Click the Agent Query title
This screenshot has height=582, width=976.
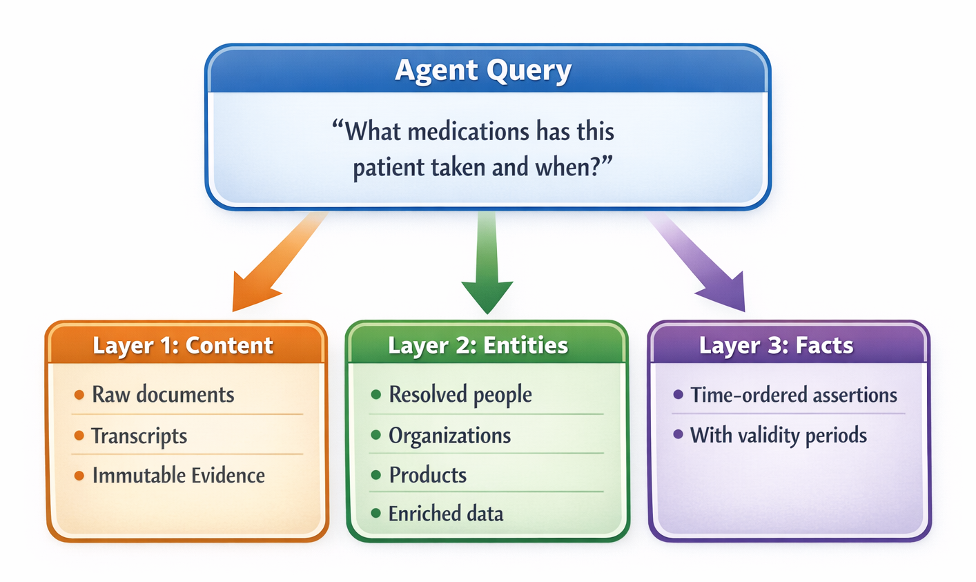483,70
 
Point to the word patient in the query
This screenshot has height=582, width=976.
388,167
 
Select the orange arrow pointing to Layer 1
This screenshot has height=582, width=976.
276,262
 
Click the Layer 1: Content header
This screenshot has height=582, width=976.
183,345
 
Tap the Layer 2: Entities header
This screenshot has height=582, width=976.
478,345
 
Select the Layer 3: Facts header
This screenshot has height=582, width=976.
776,345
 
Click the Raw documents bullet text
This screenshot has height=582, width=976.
163,395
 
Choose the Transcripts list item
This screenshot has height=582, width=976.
139,436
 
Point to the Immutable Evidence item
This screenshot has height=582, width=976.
178,476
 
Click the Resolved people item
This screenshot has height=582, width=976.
460,395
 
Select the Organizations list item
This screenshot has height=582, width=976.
449,436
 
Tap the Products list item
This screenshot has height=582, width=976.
427,475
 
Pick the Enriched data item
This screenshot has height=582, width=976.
445,514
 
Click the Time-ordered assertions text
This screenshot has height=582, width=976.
794,395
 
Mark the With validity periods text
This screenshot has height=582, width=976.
779,435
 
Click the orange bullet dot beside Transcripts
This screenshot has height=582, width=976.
79,436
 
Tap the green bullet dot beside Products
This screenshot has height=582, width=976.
376,475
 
